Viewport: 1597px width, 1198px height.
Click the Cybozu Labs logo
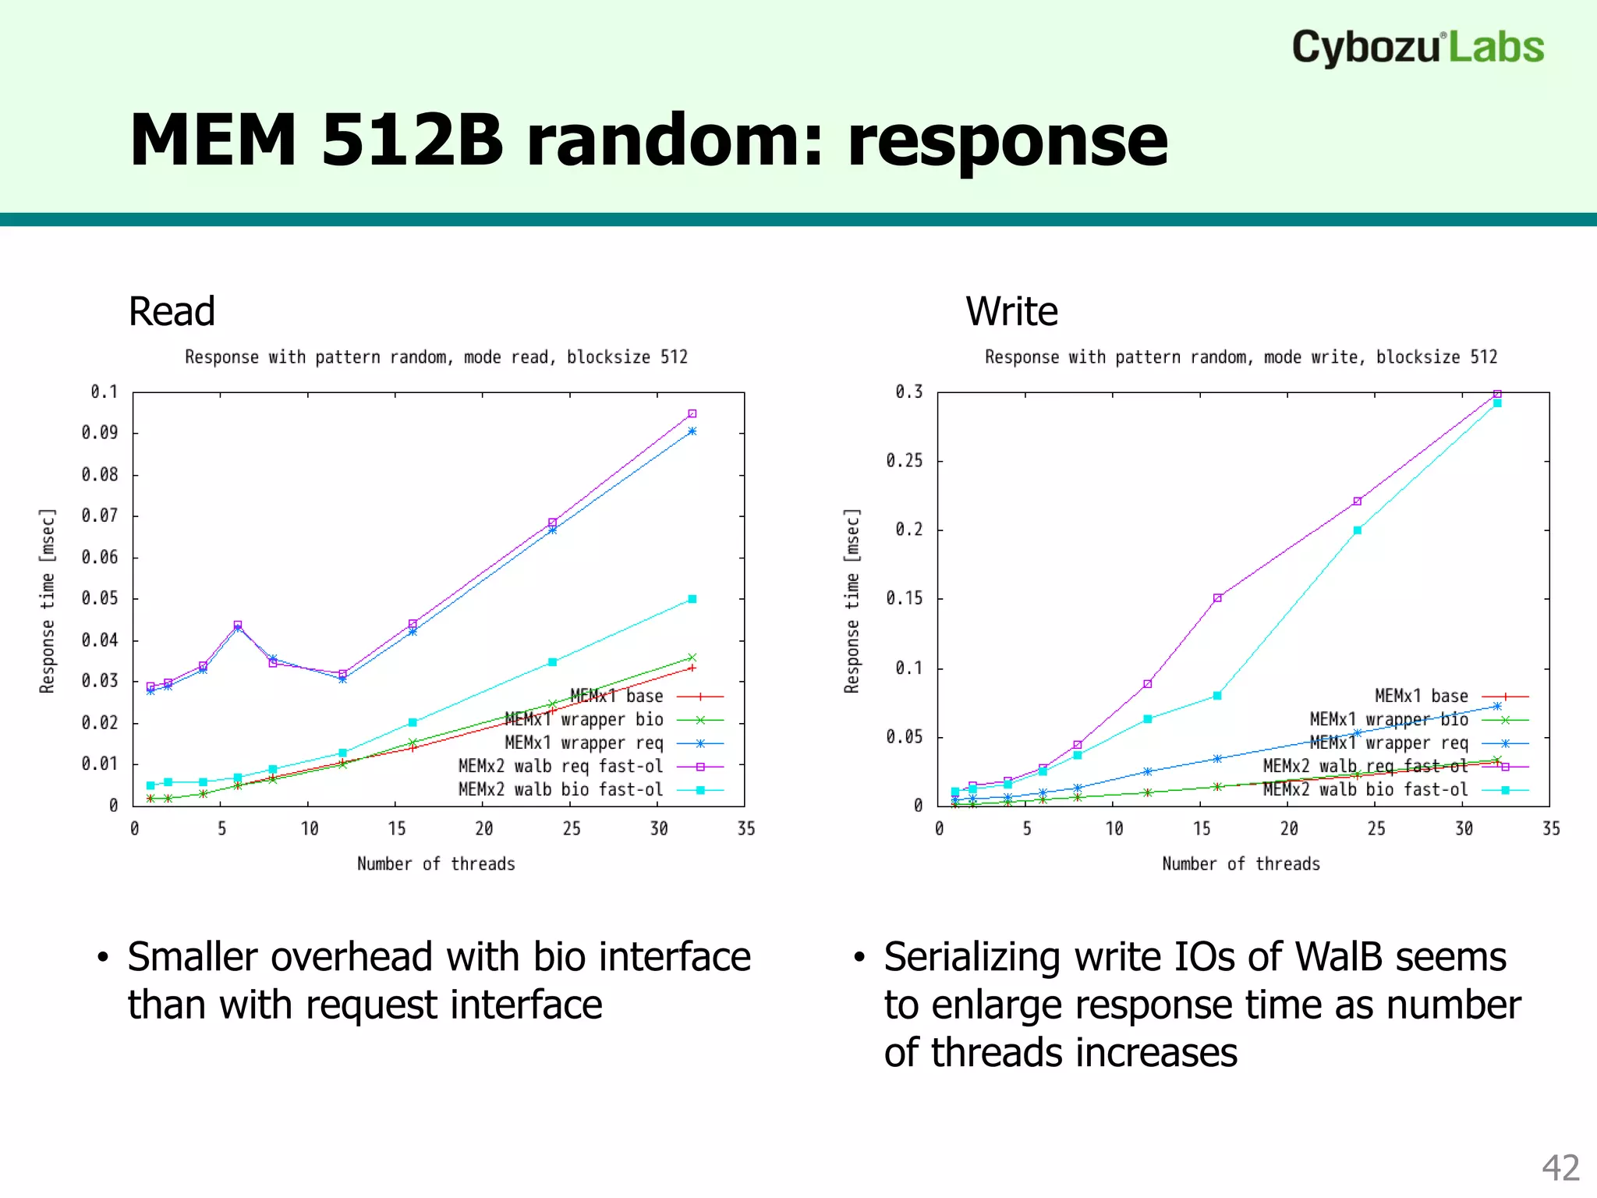click(1417, 48)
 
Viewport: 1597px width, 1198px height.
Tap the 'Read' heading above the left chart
click(172, 311)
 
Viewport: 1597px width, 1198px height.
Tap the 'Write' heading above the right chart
click(1011, 311)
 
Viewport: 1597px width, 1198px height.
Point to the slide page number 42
click(1560, 1168)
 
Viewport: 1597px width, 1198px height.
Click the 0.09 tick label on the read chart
click(100, 432)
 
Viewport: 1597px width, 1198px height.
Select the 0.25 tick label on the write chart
click(904, 460)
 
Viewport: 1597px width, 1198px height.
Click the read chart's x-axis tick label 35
click(746, 828)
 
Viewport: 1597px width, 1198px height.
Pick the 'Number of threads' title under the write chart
click(1241, 863)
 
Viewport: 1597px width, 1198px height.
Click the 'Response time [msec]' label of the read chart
click(48, 601)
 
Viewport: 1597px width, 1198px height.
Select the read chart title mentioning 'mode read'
click(436, 357)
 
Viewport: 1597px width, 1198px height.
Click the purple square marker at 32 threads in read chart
click(692, 413)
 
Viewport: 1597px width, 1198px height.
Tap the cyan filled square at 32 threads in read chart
click(692, 599)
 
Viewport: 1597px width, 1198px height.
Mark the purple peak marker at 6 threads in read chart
click(238, 625)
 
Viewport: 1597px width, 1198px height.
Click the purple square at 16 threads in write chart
click(1217, 598)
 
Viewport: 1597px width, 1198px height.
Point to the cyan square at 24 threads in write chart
click(1358, 530)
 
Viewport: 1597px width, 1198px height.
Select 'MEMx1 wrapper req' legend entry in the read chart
click(584, 743)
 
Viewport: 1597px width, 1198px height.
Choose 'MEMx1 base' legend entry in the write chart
click(1421, 696)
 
